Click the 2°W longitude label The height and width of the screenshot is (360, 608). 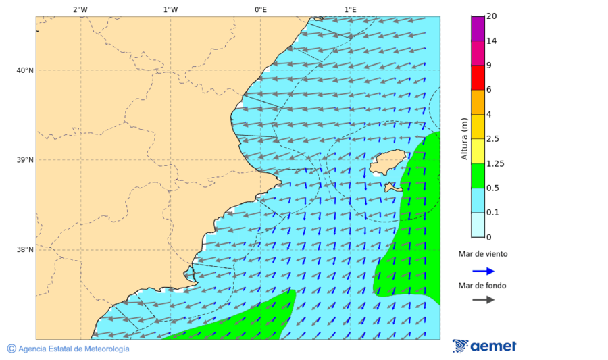coord(80,9)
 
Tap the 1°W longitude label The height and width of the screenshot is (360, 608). coord(170,9)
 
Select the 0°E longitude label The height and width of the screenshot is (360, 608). coord(260,9)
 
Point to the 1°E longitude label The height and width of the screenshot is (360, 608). coord(350,9)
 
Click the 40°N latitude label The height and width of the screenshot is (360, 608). coord(25,70)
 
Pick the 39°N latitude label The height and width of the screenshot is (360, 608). coord(25,160)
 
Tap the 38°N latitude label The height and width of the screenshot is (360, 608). coord(25,250)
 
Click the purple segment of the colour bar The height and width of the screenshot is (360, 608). coord(478,28)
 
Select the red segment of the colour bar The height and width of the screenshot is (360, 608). coord(478,78)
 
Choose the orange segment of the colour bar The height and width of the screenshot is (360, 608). coord(478,102)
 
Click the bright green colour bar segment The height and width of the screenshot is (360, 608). coord(478,176)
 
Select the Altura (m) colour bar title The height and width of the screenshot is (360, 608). coord(464,139)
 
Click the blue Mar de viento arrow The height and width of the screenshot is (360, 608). coord(483,271)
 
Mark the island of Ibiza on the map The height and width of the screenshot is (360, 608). coord(386,163)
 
